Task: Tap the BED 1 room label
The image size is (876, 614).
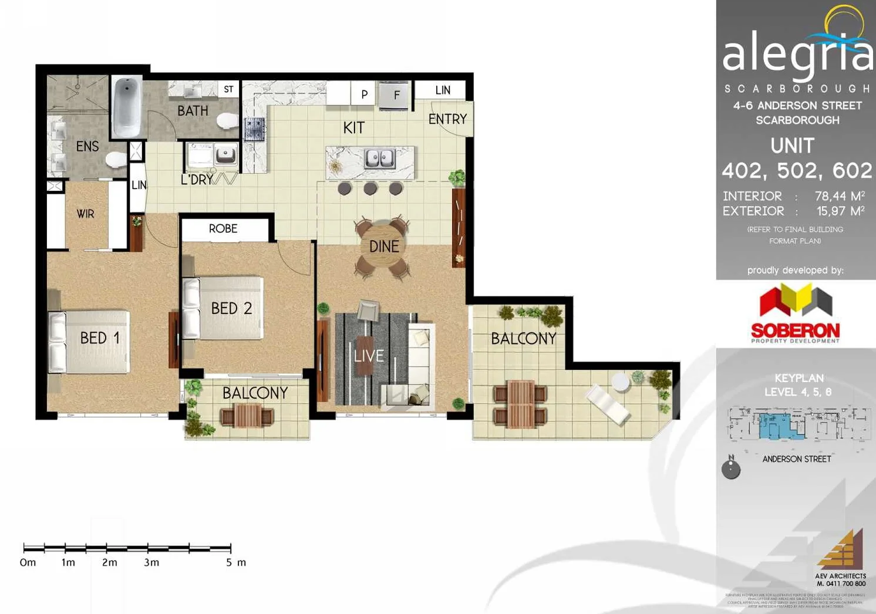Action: pyautogui.click(x=100, y=338)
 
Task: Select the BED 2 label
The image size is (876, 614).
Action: pyautogui.click(x=231, y=308)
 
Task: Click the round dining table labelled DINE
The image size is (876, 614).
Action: pyautogui.click(x=383, y=247)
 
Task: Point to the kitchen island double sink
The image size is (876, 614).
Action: pyautogui.click(x=379, y=158)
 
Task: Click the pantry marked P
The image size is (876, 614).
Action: pyautogui.click(x=365, y=94)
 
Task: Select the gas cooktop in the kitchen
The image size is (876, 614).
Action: pyautogui.click(x=255, y=129)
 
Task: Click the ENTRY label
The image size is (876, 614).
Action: pyautogui.click(x=447, y=119)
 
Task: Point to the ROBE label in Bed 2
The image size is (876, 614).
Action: pyautogui.click(x=223, y=228)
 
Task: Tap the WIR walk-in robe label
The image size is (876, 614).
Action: pyautogui.click(x=86, y=214)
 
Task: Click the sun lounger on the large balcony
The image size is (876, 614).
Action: pyautogui.click(x=609, y=404)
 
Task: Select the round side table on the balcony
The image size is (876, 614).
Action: pyautogui.click(x=620, y=382)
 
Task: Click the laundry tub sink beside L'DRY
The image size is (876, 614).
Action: pyautogui.click(x=225, y=155)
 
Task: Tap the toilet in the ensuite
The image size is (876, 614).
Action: pyautogui.click(x=116, y=160)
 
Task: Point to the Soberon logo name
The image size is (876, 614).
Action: pyautogui.click(x=795, y=330)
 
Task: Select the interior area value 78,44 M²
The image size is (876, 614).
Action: pyautogui.click(x=839, y=196)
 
